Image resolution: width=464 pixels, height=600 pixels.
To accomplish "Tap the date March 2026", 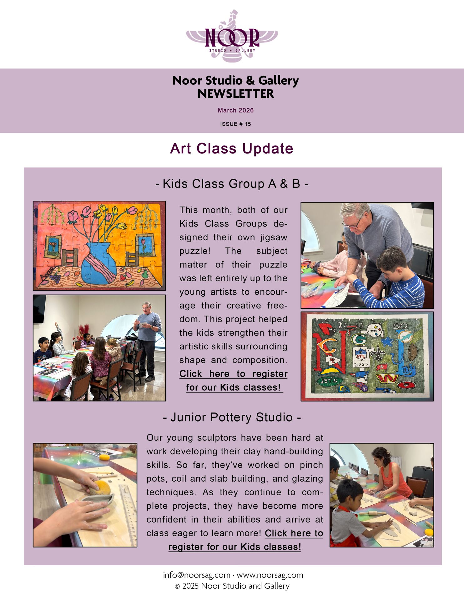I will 235,110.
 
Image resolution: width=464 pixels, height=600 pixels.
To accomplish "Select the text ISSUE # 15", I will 235,124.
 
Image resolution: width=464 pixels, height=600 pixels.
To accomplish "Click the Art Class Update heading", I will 232,148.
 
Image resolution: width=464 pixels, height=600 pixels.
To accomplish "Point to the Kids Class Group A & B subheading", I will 232,184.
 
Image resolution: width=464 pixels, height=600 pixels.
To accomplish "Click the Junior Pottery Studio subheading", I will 232,417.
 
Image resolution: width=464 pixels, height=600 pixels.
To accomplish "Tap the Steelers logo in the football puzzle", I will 374,330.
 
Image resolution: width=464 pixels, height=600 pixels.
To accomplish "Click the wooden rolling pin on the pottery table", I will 371,513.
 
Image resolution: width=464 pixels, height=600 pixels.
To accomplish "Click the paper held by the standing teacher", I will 143,325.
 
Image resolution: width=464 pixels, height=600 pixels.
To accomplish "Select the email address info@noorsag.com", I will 197,575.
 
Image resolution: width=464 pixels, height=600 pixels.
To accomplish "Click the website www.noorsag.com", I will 270,575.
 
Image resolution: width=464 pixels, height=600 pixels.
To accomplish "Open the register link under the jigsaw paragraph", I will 234,381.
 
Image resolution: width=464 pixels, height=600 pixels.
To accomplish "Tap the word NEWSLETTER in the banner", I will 235,94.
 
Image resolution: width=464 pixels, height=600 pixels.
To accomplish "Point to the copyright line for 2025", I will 232,586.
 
